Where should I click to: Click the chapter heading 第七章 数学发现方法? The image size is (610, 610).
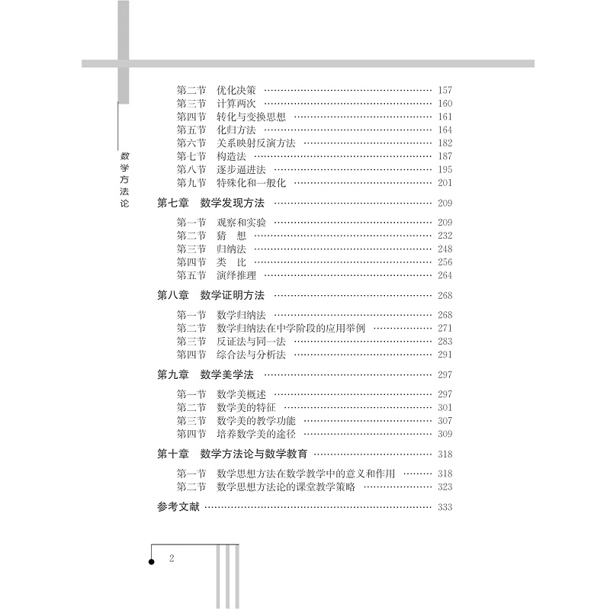pos(210,204)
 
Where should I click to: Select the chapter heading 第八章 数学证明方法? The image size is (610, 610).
pos(210,297)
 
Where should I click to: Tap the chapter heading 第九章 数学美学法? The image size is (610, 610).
pos(205,374)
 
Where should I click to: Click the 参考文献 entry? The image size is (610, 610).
pos(178,508)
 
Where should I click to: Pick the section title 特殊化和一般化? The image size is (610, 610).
pos(250,183)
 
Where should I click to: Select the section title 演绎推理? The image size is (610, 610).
pos(236,275)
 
